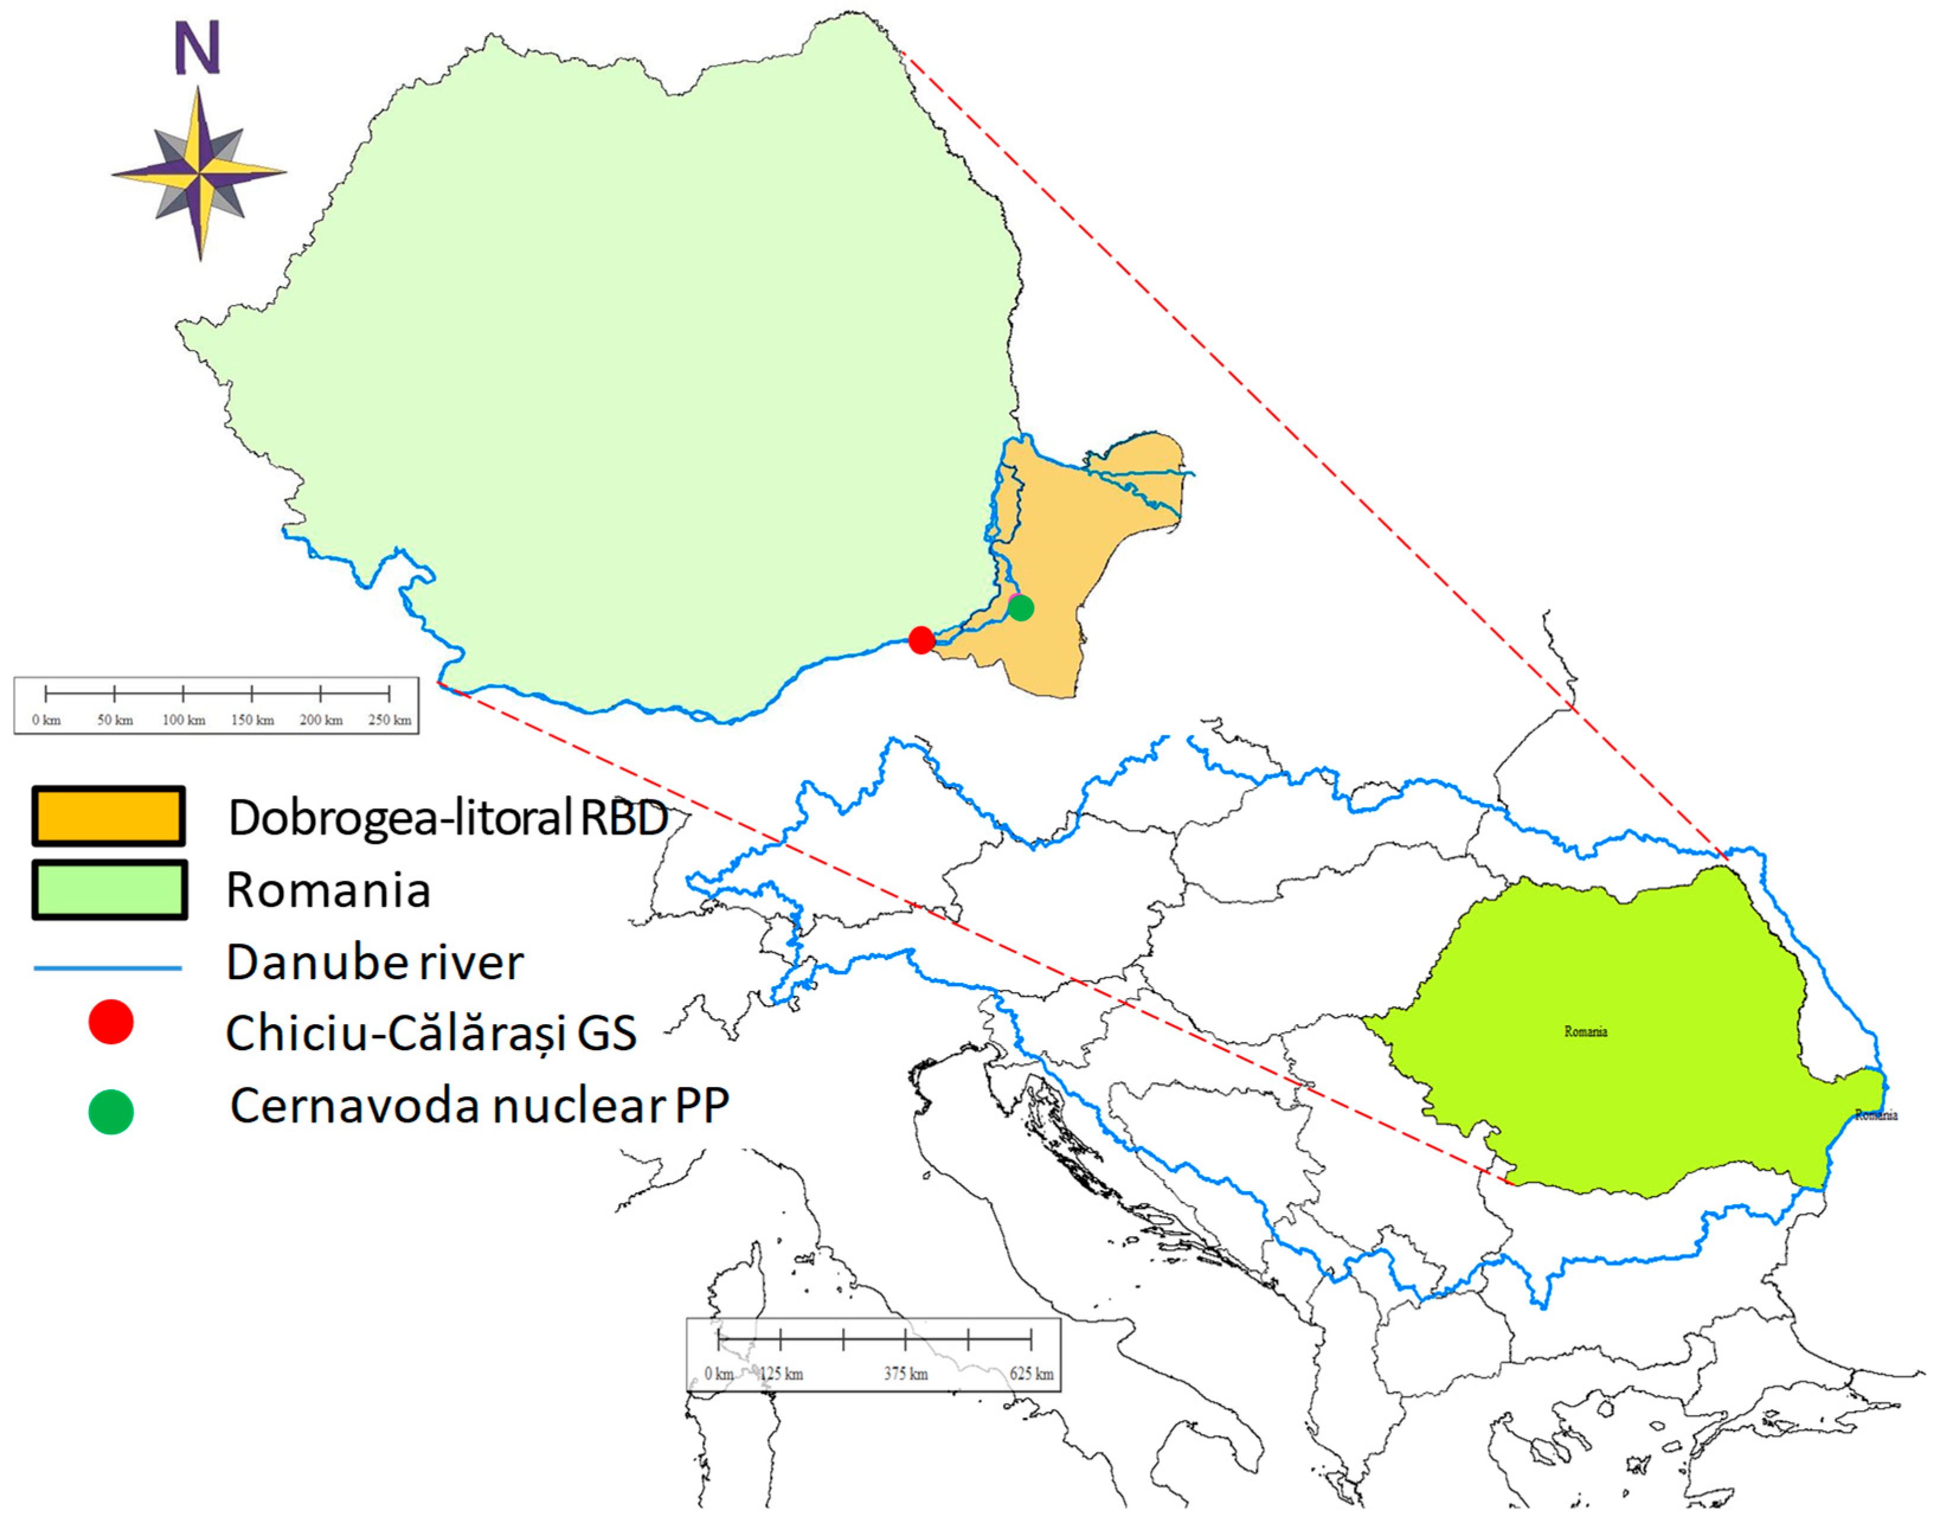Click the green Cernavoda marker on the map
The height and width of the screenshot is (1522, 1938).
click(1021, 608)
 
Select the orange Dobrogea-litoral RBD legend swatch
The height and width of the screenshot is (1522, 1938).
click(109, 815)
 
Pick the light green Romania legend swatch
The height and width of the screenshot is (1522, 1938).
click(109, 889)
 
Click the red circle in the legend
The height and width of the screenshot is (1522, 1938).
click(111, 1022)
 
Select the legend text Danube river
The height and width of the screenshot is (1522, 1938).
click(374, 963)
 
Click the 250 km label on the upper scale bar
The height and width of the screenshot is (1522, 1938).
click(390, 720)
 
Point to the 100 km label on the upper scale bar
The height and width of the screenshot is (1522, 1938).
click(184, 720)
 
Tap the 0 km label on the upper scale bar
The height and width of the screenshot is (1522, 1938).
click(46, 720)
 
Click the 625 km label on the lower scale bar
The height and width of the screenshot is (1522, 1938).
click(1031, 1373)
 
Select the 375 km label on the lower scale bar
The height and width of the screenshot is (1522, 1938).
click(906, 1373)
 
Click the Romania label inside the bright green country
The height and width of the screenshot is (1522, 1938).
click(1585, 1031)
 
